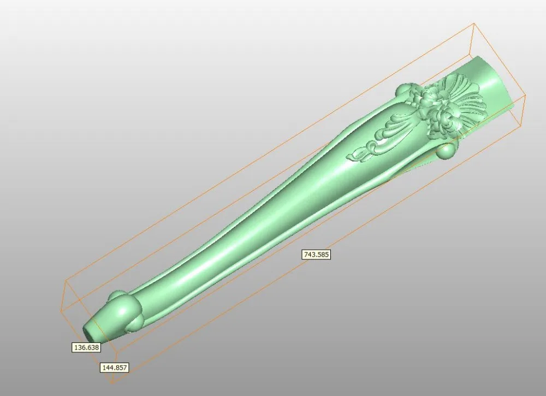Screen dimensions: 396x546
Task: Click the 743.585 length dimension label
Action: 317,254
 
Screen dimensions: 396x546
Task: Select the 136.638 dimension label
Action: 86,347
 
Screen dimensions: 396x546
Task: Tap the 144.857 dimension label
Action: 115,368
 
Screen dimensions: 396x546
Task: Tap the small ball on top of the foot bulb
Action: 115,297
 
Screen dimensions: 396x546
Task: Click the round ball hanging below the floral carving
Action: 447,151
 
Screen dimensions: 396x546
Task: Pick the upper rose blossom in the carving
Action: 431,96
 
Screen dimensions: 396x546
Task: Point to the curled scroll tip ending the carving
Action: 360,153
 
